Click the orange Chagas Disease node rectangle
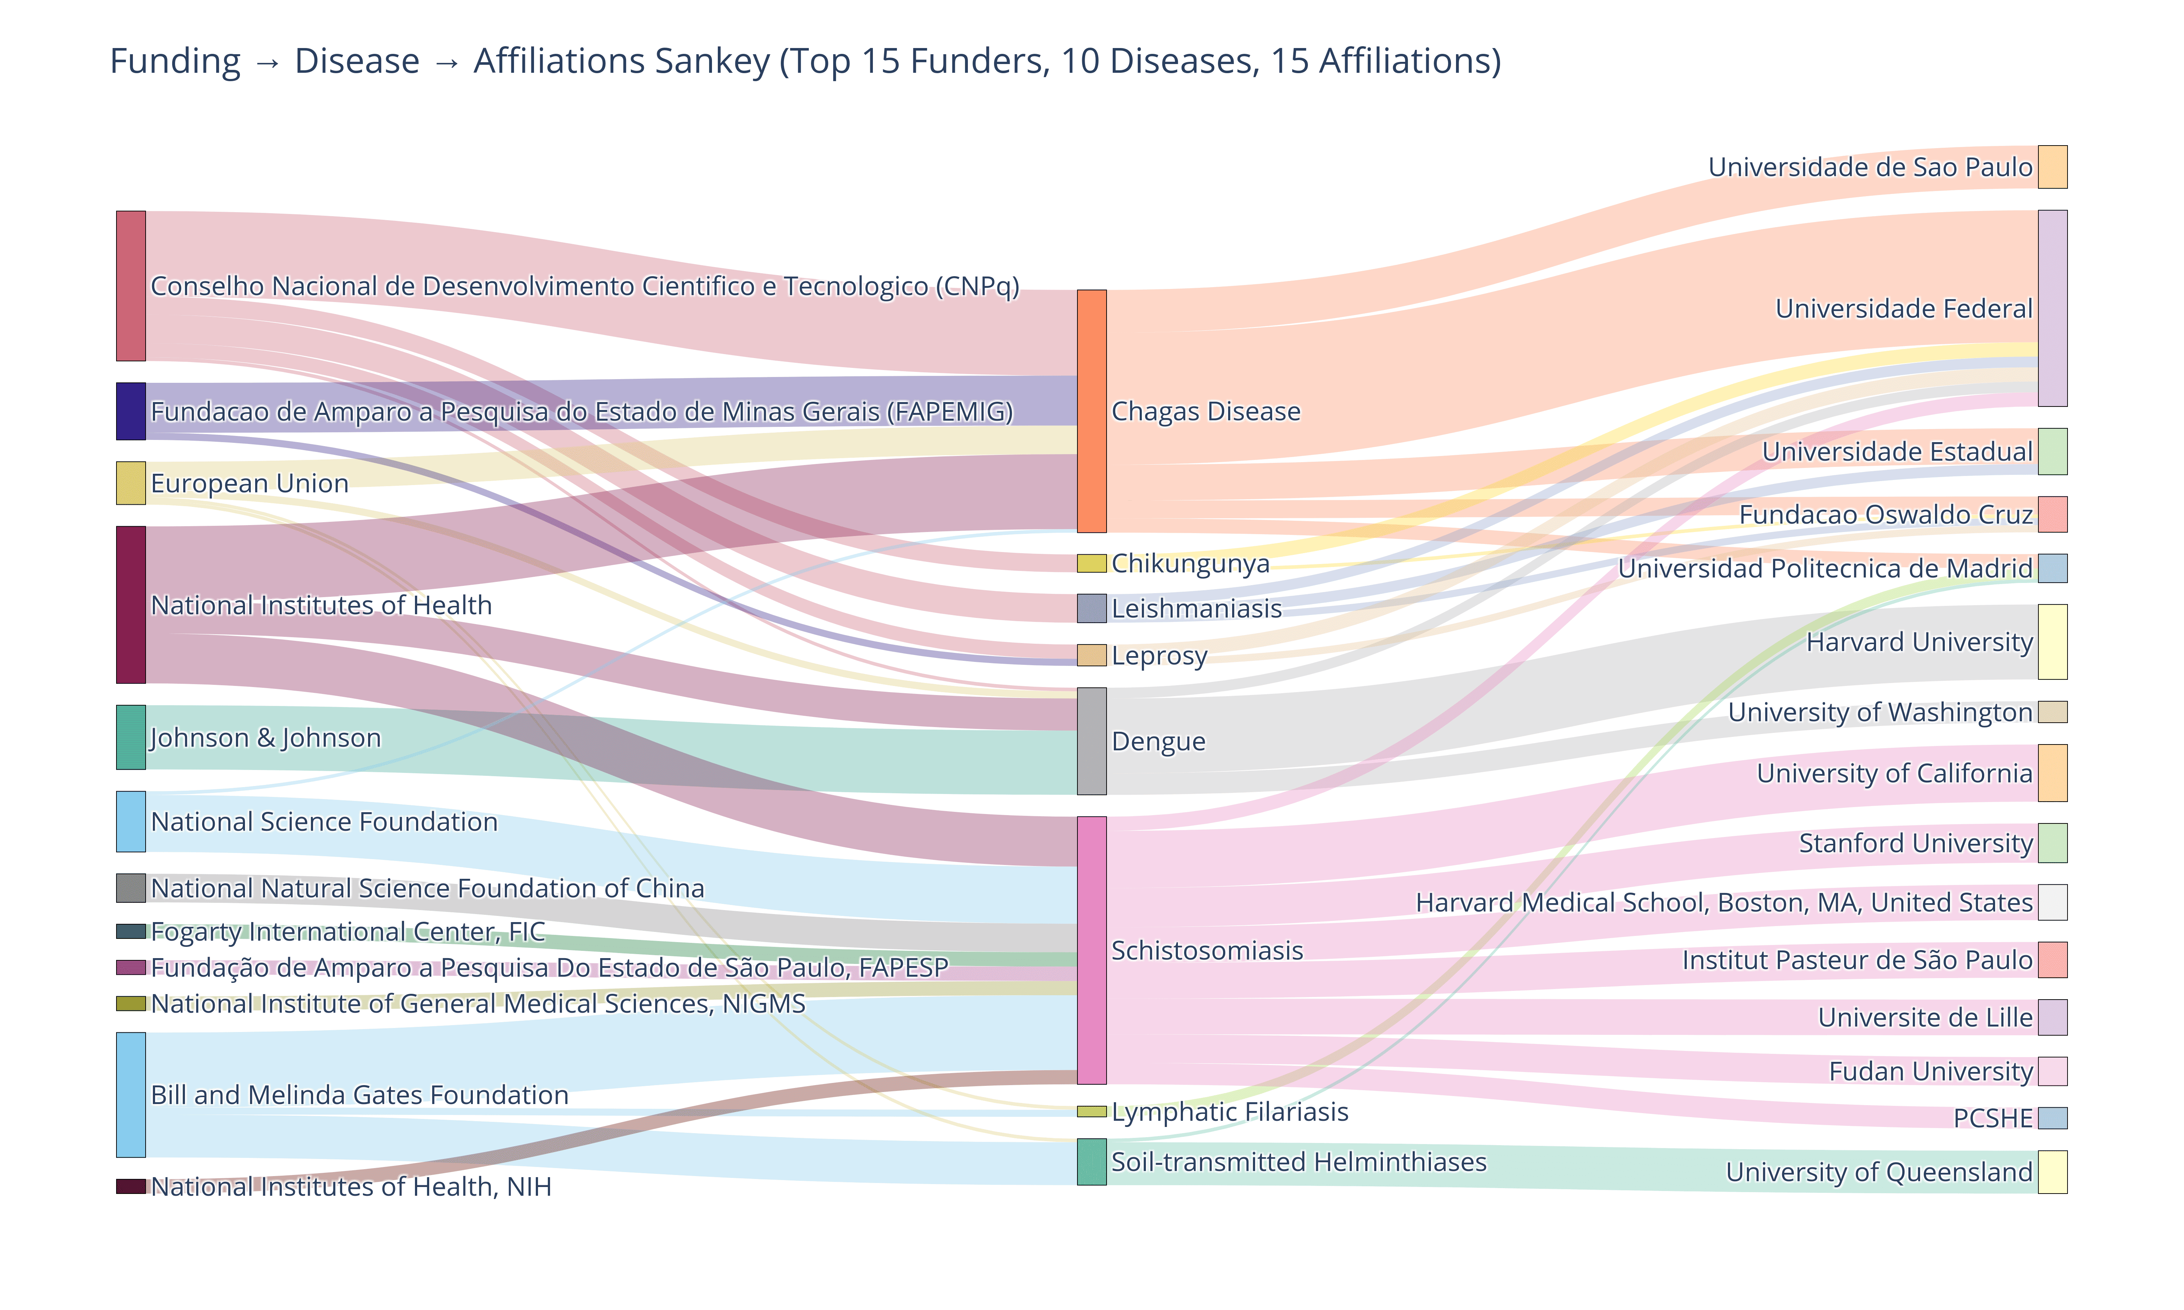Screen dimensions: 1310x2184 [x=1091, y=411]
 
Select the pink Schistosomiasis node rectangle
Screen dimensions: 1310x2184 [x=1091, y=950]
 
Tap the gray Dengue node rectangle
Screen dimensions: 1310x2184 [x=1091, y=742]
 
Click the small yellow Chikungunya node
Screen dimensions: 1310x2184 [x=1091, y=563]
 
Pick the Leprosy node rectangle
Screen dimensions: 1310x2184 [x=1091, y=655]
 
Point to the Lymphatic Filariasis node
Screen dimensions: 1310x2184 [x=1091, y=1111]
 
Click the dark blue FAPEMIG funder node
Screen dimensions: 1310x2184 [x=131, y=411]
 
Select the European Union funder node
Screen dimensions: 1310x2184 [x=131, y=483]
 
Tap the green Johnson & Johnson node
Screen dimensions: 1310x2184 [x=131, y=737]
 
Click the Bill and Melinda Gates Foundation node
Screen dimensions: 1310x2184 [x=131, y=1095]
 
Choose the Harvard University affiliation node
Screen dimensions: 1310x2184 [x=2052, y=642]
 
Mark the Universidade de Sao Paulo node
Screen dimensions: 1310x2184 [x=2052, y=167]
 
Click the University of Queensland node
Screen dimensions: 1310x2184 [x=2052, y=1171]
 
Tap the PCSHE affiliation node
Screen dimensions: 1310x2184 [x=2052, y=1118]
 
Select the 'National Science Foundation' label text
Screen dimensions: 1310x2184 [x=324, y=822]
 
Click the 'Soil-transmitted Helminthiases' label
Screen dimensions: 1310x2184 [x=1299, y=1162]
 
